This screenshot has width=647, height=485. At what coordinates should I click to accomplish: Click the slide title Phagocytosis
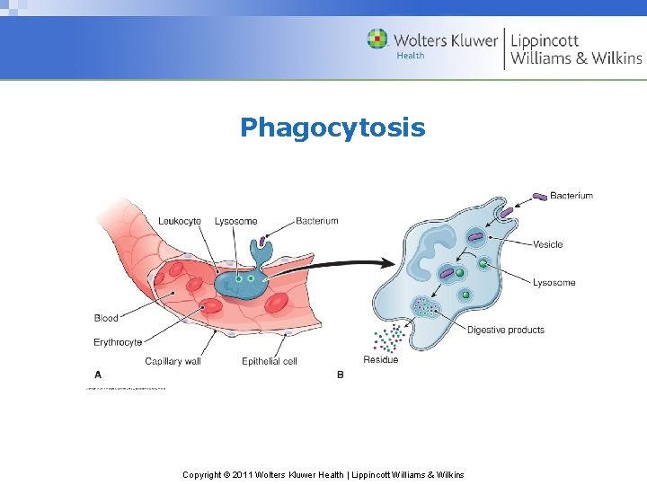[x=332, y=128]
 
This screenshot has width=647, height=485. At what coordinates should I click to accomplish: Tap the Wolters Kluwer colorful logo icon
[x=377, y=40]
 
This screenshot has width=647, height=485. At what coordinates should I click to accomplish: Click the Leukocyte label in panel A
[x=180, y=221]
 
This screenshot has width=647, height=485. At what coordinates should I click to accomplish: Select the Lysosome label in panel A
[x=235, y=221]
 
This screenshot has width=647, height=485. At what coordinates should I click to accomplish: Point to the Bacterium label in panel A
[x=316, y=220]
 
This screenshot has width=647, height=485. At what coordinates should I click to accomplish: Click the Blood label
[x=106, y=318]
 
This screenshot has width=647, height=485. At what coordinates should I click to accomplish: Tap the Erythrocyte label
[x=118, y=342]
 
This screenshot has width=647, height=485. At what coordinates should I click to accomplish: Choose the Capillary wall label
[x=173, y=362]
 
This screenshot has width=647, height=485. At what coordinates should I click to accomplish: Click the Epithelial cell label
[x=270, y=362]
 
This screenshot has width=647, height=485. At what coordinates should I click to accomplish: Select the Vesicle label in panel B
[x=548, y=244]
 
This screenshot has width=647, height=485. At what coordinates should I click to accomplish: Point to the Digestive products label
[x=505, y=331]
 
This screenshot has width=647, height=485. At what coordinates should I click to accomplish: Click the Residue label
[x=380, y=360]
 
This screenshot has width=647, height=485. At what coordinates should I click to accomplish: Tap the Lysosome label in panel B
[x=554, y=283]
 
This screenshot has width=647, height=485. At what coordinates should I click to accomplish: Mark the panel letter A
[x=98, y=375]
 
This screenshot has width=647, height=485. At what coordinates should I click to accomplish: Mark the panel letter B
[x=340, y=375]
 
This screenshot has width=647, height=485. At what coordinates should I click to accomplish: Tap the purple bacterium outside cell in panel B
[x=539, y=197]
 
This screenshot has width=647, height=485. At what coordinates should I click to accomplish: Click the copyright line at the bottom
[x=323, y=474]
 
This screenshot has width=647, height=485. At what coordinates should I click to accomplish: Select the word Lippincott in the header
[x=545, y=40]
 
